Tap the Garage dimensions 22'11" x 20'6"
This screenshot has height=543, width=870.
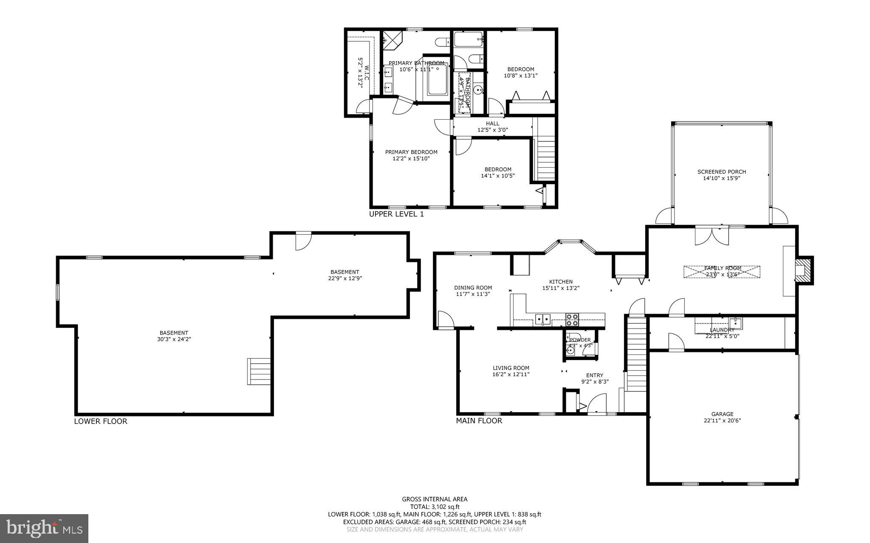pos(722,421)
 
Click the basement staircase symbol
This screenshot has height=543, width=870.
pos(259,371)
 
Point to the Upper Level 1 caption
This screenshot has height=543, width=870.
pos(396,214)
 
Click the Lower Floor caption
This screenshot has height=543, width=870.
pos(100,422)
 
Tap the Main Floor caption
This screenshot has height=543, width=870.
pos(479,421)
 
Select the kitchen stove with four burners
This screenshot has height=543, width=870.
pos(572,319)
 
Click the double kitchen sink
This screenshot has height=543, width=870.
pos(542,319)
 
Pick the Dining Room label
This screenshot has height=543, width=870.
pos(473,287)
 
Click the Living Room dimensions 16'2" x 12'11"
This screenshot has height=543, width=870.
pos(511,374)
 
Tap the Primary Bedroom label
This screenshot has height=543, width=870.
pos(411,152)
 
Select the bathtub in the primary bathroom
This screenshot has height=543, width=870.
pos(437,79)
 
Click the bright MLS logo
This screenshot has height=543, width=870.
pos(44,528)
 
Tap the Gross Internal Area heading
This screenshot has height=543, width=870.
pos(435,499)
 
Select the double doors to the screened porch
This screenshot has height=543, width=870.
pos(713,236)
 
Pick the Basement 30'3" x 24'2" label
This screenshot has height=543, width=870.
pos(174,336)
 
